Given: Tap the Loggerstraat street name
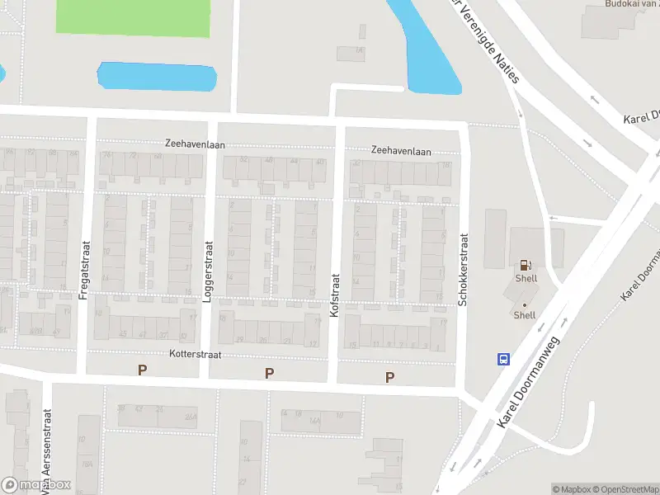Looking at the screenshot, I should click(208, 271).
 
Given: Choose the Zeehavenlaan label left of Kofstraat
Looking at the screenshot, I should click(194, 144).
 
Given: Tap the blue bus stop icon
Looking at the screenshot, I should click(503, 359).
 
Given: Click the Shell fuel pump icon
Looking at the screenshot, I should click(525, 266).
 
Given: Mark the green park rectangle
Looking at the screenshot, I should click(133, 16).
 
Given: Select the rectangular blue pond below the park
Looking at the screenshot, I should click(157, 77).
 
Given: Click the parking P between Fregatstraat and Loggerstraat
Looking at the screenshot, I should click(143, 370).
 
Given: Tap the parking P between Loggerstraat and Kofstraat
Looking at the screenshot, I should click(269, 374).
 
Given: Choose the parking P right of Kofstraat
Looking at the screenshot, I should click(389, 377).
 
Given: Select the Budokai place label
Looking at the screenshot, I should click(631, 4).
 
